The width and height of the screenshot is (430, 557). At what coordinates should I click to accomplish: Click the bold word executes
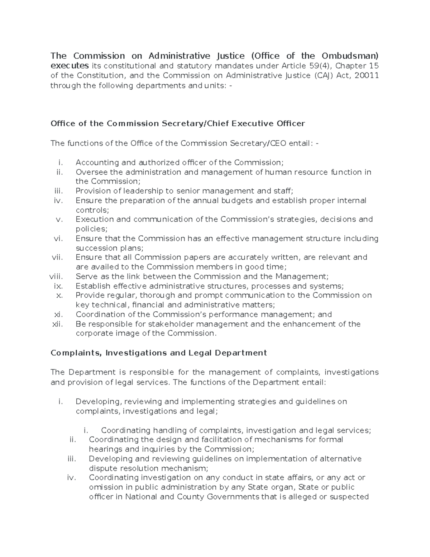70,66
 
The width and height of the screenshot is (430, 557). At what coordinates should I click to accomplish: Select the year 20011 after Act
366,75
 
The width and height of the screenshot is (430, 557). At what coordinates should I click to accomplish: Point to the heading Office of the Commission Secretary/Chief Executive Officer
178,124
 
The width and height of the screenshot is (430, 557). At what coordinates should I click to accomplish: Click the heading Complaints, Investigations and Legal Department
159,353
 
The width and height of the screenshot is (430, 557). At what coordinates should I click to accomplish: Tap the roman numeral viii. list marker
56,277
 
